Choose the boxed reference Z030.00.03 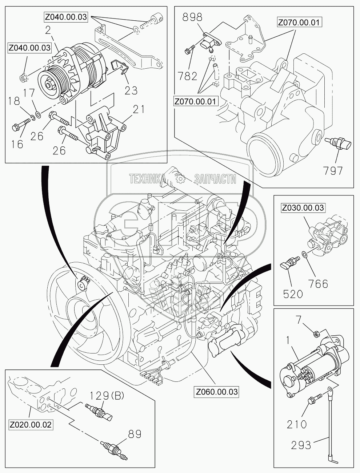303,208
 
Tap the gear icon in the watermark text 180,178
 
